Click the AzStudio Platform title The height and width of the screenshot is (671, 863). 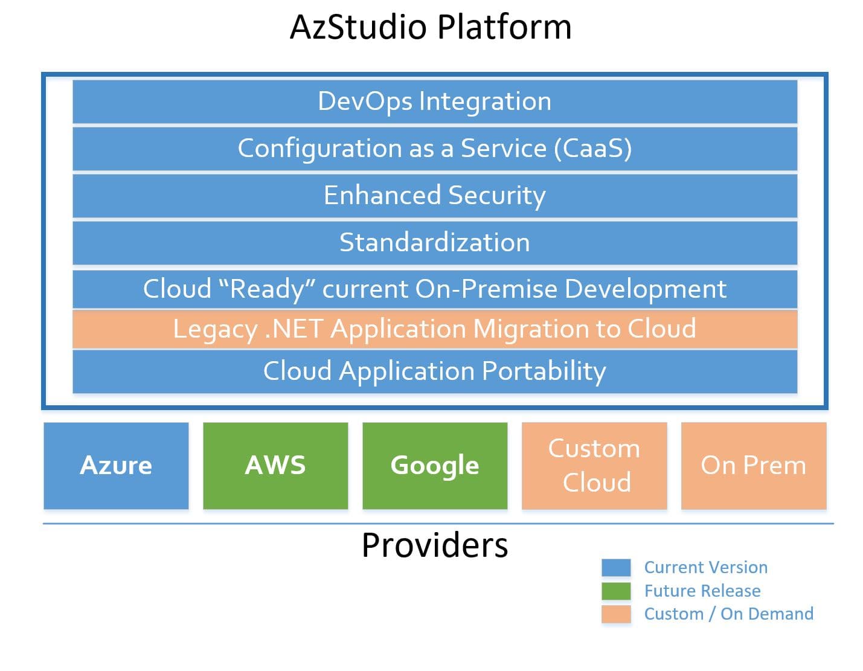coord(431,27)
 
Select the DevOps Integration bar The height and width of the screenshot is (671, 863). coord(434,101)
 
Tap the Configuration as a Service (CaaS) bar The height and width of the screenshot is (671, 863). coord(434,149)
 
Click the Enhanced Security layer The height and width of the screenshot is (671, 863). coord(434,196)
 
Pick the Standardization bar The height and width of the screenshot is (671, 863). coord(434,243)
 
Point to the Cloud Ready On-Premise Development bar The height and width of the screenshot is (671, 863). coord(434,289)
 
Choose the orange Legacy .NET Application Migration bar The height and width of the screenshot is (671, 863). coord(434,329)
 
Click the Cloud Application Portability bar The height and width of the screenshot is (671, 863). coord(434,371)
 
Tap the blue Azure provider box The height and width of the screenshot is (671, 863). coord(116,466)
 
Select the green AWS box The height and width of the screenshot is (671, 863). coord(275,466)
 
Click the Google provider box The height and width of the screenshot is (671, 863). coord(435,466)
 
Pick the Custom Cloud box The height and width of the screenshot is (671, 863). coord(594,466)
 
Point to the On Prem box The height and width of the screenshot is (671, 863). coord(754,466)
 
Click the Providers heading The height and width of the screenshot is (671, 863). coord(434,545)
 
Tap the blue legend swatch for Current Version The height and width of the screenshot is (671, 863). coord(616,568)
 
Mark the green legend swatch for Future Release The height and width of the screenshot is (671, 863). coord(616,591)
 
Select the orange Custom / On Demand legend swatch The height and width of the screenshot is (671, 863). coord(616,614)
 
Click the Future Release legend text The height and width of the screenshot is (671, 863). coord(702,591)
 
